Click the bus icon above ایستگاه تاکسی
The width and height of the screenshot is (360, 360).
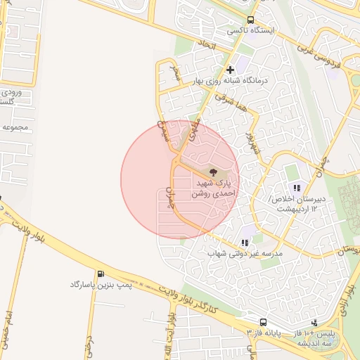tap(252, 20)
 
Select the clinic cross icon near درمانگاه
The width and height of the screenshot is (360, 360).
tap(230, 70)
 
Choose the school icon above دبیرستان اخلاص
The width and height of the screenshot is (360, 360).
tap(297, 188)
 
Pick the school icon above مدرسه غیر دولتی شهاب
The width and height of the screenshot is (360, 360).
tap(245, 241)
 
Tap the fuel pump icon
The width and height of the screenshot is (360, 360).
tap(100, 274)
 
